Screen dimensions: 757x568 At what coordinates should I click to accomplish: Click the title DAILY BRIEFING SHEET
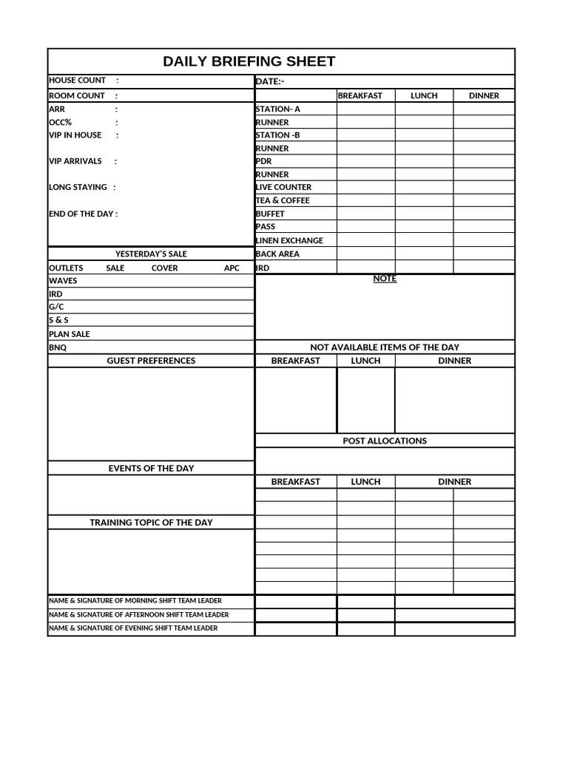click(248, 61)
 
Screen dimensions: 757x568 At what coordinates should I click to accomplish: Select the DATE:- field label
click(270, 81)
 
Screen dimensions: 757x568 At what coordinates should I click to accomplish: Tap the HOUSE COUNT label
click(77, 80)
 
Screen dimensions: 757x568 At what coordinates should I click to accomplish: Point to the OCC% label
click(61, 122)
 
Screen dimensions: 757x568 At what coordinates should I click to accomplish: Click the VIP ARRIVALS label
click(75, 161)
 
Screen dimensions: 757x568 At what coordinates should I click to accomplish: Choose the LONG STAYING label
click(78, 187)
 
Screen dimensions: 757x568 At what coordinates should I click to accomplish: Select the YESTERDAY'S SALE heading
click(151, 254)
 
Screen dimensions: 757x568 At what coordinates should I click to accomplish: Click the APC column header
click(231, 268)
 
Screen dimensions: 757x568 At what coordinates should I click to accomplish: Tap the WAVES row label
click(63, 281)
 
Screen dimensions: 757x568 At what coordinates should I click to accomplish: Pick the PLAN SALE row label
click(70, 334)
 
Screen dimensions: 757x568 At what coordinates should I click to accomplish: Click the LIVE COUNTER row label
click(283, 188)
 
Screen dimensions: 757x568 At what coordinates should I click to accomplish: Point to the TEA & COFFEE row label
click(283, 200)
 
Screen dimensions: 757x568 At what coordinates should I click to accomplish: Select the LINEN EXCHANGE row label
click(289, 240)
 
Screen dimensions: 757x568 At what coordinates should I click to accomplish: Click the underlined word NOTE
click(385, 279)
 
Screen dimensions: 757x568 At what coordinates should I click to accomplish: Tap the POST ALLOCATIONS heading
click(385, 441)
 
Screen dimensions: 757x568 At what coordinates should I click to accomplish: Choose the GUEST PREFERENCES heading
click(151, 361)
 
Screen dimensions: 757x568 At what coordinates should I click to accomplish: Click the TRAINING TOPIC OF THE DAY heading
click(151, 522)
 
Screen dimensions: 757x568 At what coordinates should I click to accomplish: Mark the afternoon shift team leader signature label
click(138, 614)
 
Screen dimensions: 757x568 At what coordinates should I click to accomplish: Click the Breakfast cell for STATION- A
click(366, 109)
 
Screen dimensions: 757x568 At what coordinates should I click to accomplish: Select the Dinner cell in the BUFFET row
click(484, 214)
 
